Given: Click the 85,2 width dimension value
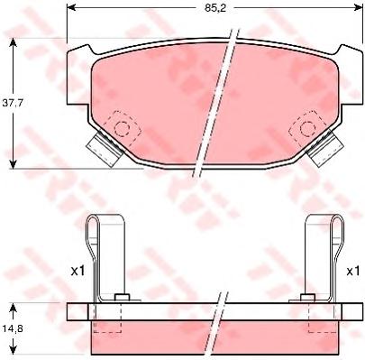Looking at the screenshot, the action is [215, 7].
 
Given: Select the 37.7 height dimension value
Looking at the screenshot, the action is [13, 103].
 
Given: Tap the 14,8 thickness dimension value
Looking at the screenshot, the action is [13, 328].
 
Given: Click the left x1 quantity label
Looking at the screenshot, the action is [78, 272].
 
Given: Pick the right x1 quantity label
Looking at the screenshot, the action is [352, 272].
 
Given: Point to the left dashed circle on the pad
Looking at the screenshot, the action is [122, 128].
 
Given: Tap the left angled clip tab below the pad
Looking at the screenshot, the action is [105, 148].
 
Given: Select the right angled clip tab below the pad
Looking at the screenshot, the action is [325, 148].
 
